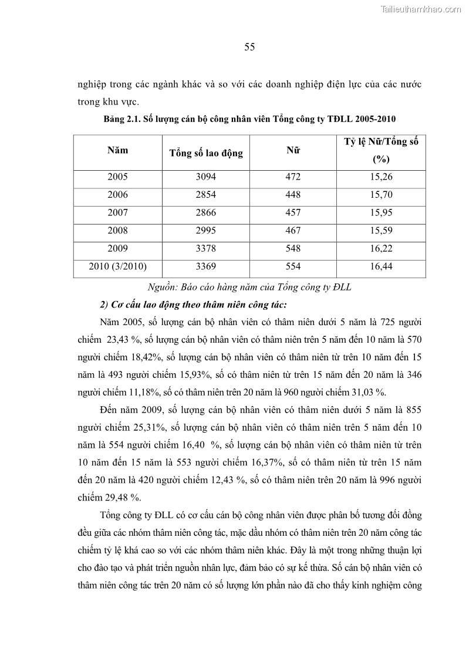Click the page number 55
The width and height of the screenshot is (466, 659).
pyautogui.click(x=249, y=48)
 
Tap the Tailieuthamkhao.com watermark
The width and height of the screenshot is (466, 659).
pyautogui.click(x=421, y=9)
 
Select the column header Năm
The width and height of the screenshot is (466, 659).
pyautogui.click(x=117, y=150)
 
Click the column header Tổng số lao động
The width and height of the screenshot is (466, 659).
pyautogui.click(x=205, y=153)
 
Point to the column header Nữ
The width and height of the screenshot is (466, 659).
pyautogui.click(x=293, y=150)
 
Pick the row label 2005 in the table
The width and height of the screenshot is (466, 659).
pyautogui.click(x=117, y=177)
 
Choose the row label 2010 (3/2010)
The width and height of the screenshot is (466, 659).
pyautogui.click(x=117, y=266)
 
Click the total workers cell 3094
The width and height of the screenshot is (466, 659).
pyautogui.click(x=205, y=177)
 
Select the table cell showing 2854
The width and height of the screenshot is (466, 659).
pyautogui.click(x=205, y=194)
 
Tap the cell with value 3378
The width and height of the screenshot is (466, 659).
pyautogui.click(x=205, y=248)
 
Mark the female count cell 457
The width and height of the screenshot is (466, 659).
pyautogui.click(x=293, y=212)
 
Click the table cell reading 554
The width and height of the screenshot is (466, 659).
pyautogui.click(x=293, y=266)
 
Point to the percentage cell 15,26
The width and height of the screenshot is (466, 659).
pyautogui.click(x=381, y=177)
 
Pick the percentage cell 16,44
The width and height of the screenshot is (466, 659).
pyautogui.click(x=381, y=266)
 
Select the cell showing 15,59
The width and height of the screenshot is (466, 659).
pyautogui.click(x=381, y=231)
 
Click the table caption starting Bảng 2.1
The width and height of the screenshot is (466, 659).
pyautogui.click(x=249, y=119)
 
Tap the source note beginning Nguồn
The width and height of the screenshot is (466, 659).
pyautogui.click(x=249, y=286)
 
